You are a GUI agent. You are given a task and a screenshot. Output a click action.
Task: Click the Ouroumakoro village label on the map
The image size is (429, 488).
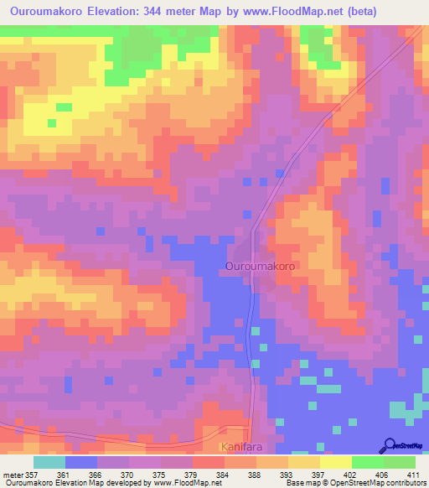(260, 266)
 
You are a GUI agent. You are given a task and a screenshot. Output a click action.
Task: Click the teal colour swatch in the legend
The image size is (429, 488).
(49, 462)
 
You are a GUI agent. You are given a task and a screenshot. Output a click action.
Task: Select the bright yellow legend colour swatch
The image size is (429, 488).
(335, 462)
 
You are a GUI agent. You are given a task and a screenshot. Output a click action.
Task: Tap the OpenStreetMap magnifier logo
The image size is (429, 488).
(388, 446)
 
